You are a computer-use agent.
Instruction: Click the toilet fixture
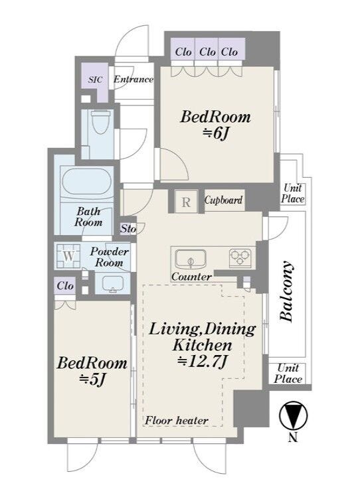click(99, 123)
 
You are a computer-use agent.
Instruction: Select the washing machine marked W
click(68, 255)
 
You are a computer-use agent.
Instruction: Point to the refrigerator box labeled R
click(186, 202)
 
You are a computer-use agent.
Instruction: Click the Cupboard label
click(223, 200)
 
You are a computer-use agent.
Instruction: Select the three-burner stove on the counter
click(240, 257)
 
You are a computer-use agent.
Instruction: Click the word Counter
click(191, 277)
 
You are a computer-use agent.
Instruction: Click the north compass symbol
click(293, 416)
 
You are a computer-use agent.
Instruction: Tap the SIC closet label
click(96, 79)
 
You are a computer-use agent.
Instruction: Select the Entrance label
click(134, 79)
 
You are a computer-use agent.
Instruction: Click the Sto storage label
click(128, 228)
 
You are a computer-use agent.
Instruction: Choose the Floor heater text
click(177, 421)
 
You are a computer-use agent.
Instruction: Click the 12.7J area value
click(203, 362)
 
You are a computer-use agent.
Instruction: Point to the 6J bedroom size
click(215, 134)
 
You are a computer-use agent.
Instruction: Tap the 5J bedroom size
click(92, 380)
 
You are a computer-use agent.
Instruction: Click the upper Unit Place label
click(292, 194)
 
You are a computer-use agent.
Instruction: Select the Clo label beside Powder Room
click(65, 286)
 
